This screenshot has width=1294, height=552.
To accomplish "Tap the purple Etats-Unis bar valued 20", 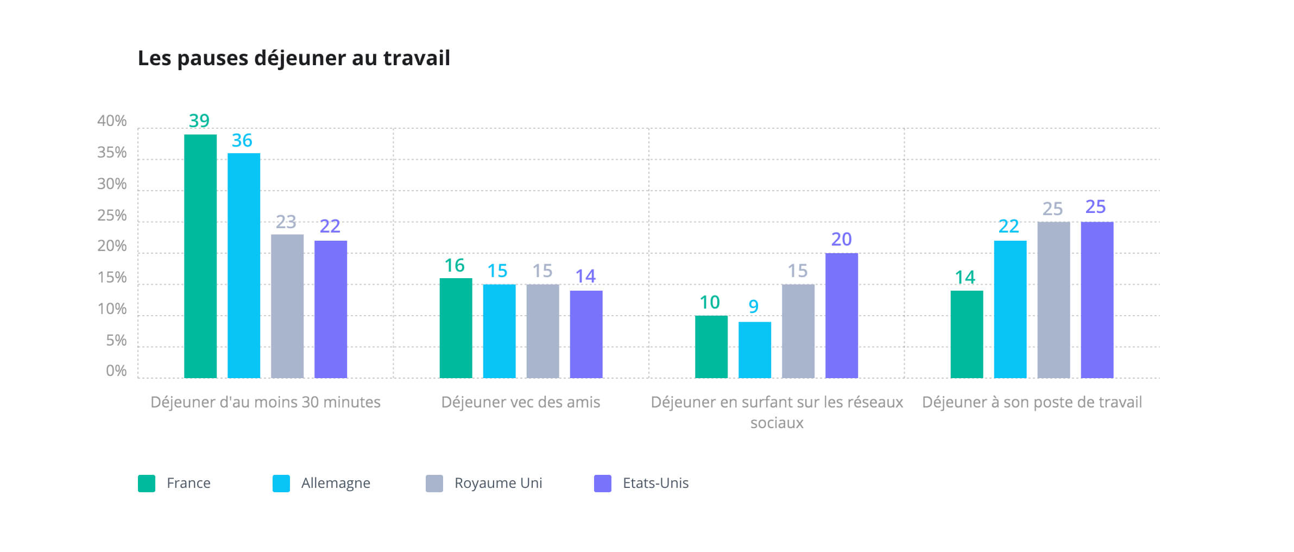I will [x=842, y=315].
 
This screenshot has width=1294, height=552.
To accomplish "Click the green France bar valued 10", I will [x=711, y=347].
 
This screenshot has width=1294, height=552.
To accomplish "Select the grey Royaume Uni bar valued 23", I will [x=287, y=306].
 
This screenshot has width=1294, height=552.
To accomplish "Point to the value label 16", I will [x=455, y=266].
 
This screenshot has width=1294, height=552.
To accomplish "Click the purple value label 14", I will [x=585, y=277].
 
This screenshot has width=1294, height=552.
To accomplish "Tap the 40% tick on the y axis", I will [x=112, y=121].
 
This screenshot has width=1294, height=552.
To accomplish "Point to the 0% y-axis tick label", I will [x=116, y=371].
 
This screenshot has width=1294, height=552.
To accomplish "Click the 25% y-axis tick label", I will [x=112, y=216].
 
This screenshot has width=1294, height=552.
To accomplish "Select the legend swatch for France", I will [x=147, y=483].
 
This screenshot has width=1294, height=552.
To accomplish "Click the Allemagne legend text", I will [x=336, y=483].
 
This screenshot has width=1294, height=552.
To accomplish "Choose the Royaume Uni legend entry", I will [x=498, y=483].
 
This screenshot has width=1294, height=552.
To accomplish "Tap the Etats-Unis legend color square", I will [x=603, y=483].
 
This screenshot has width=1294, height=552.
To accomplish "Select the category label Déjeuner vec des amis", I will [x=520, y=402].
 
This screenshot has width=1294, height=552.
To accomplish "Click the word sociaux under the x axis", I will [x=777, y=423].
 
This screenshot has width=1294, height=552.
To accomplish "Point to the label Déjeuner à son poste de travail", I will [x=1032, y=402].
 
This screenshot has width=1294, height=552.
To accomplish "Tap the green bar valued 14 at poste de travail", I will [x=967, y=334].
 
